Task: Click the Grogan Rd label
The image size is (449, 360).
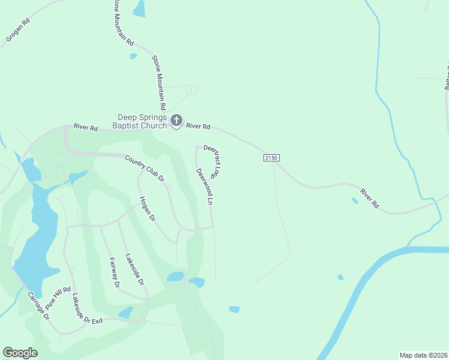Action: tap(18, 31)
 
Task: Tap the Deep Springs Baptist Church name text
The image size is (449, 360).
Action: tap(142, 121)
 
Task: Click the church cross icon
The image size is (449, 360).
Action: tap(176, 121)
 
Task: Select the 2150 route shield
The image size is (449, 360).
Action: tap(271, 157)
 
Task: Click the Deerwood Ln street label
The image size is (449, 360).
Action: tap(205, 187)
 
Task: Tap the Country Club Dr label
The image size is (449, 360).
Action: tap(144, 168)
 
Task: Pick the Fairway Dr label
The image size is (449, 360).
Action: tap(115, 272)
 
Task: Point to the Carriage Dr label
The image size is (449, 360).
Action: tap(38, 305)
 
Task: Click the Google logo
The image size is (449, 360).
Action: tap(20, 353)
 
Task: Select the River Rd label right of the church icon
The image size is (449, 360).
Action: tap(198, 127)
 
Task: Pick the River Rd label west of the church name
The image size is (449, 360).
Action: tap(86, 127)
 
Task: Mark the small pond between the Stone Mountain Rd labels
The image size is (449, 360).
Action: tap(133, 56)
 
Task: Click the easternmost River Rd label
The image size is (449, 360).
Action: tap(370, 199)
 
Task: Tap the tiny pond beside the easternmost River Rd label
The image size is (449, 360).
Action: tap(355, 200)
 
